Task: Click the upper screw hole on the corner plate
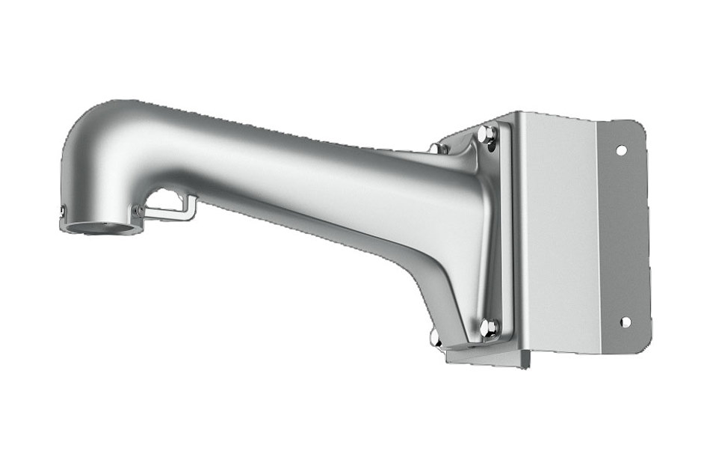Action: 620,150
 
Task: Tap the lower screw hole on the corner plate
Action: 625,322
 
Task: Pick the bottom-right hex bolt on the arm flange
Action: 489,326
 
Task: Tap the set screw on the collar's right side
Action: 138,212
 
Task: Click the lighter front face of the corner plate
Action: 557,232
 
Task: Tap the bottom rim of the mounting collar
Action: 101,233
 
